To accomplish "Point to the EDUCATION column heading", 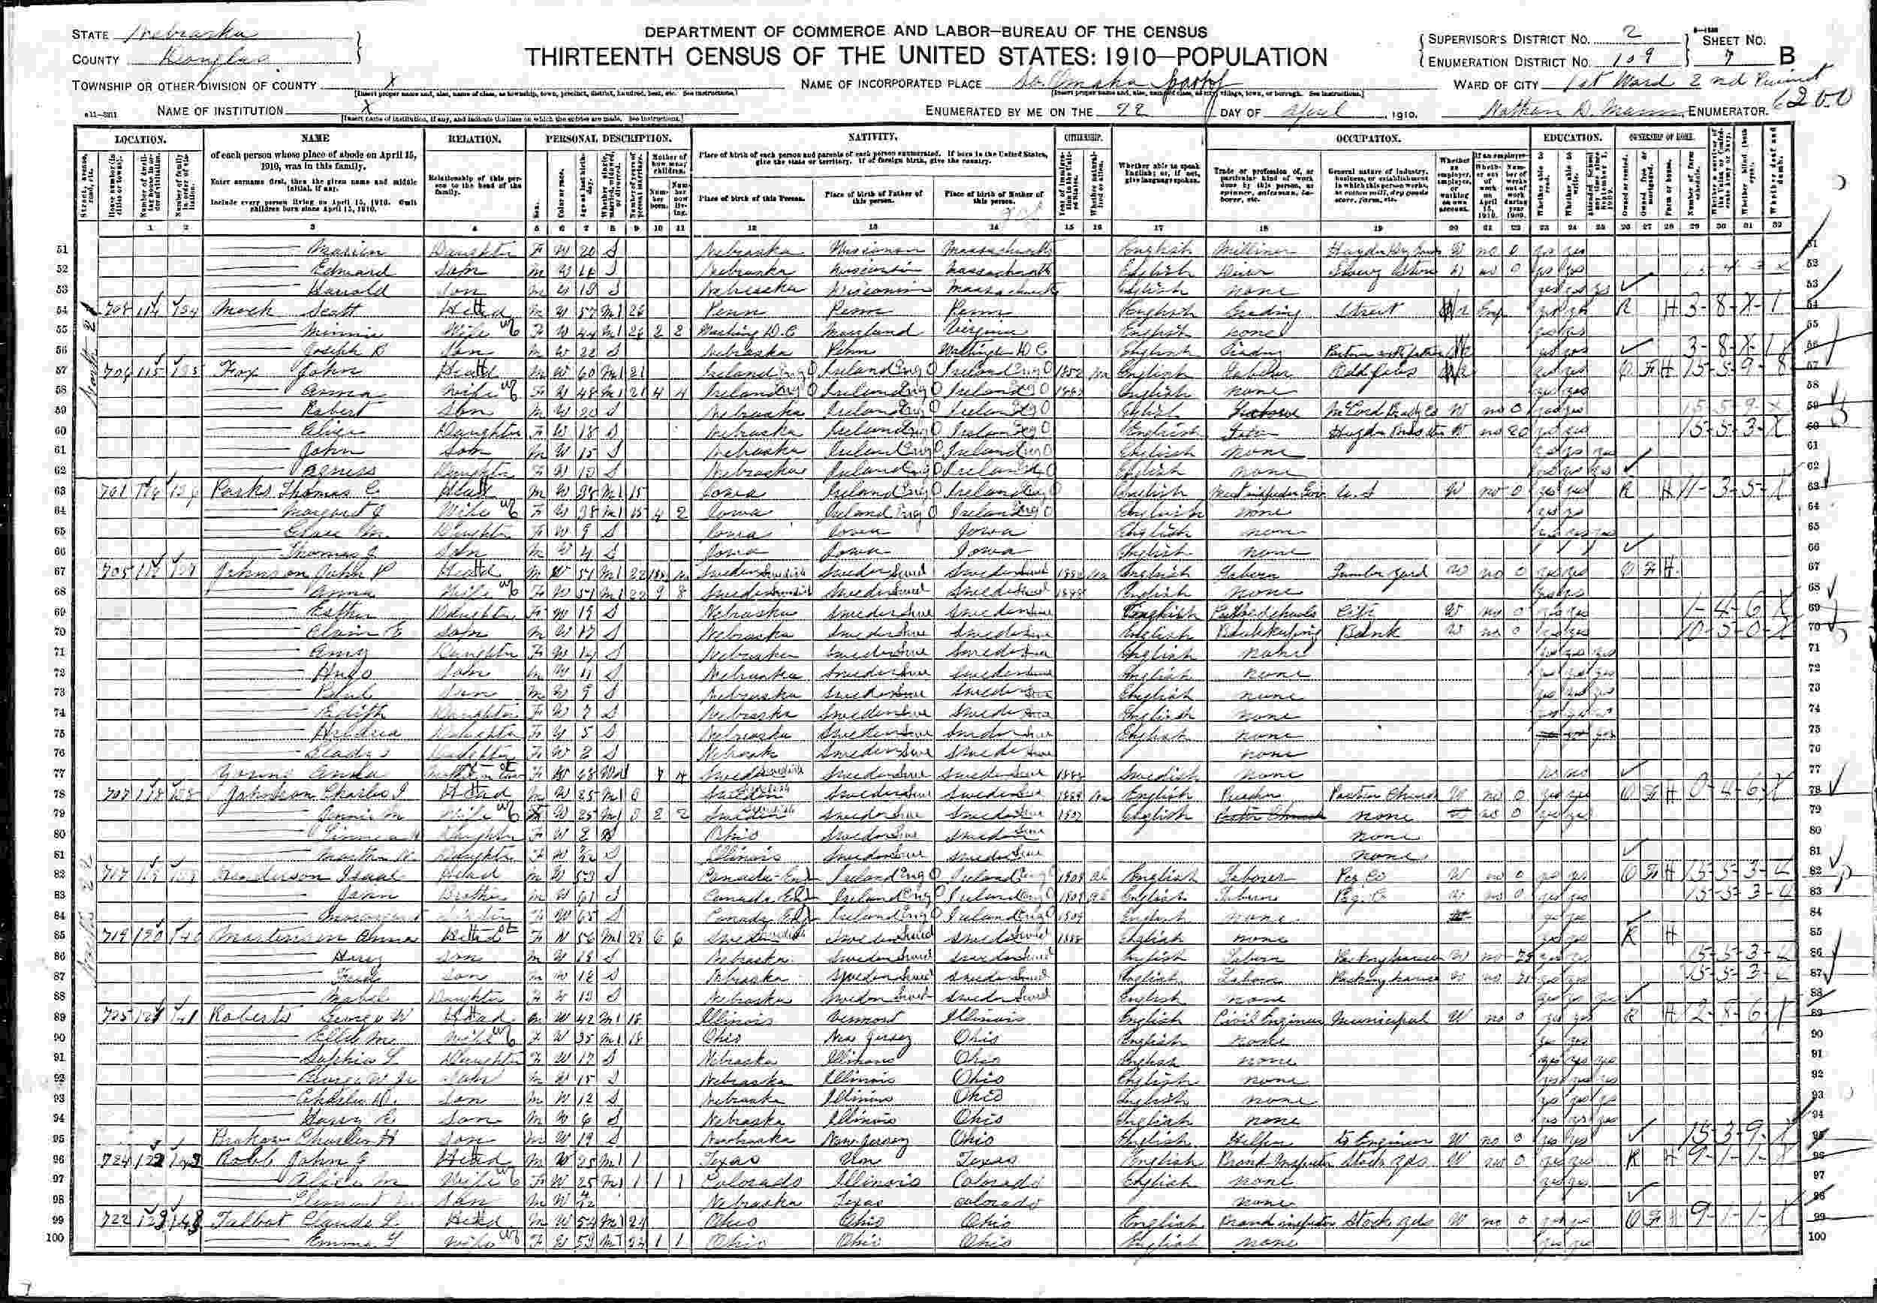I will pyautogui.click(x=1560, y=138).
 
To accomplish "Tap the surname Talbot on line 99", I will pyautogui.click(x=240, y=1223).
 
